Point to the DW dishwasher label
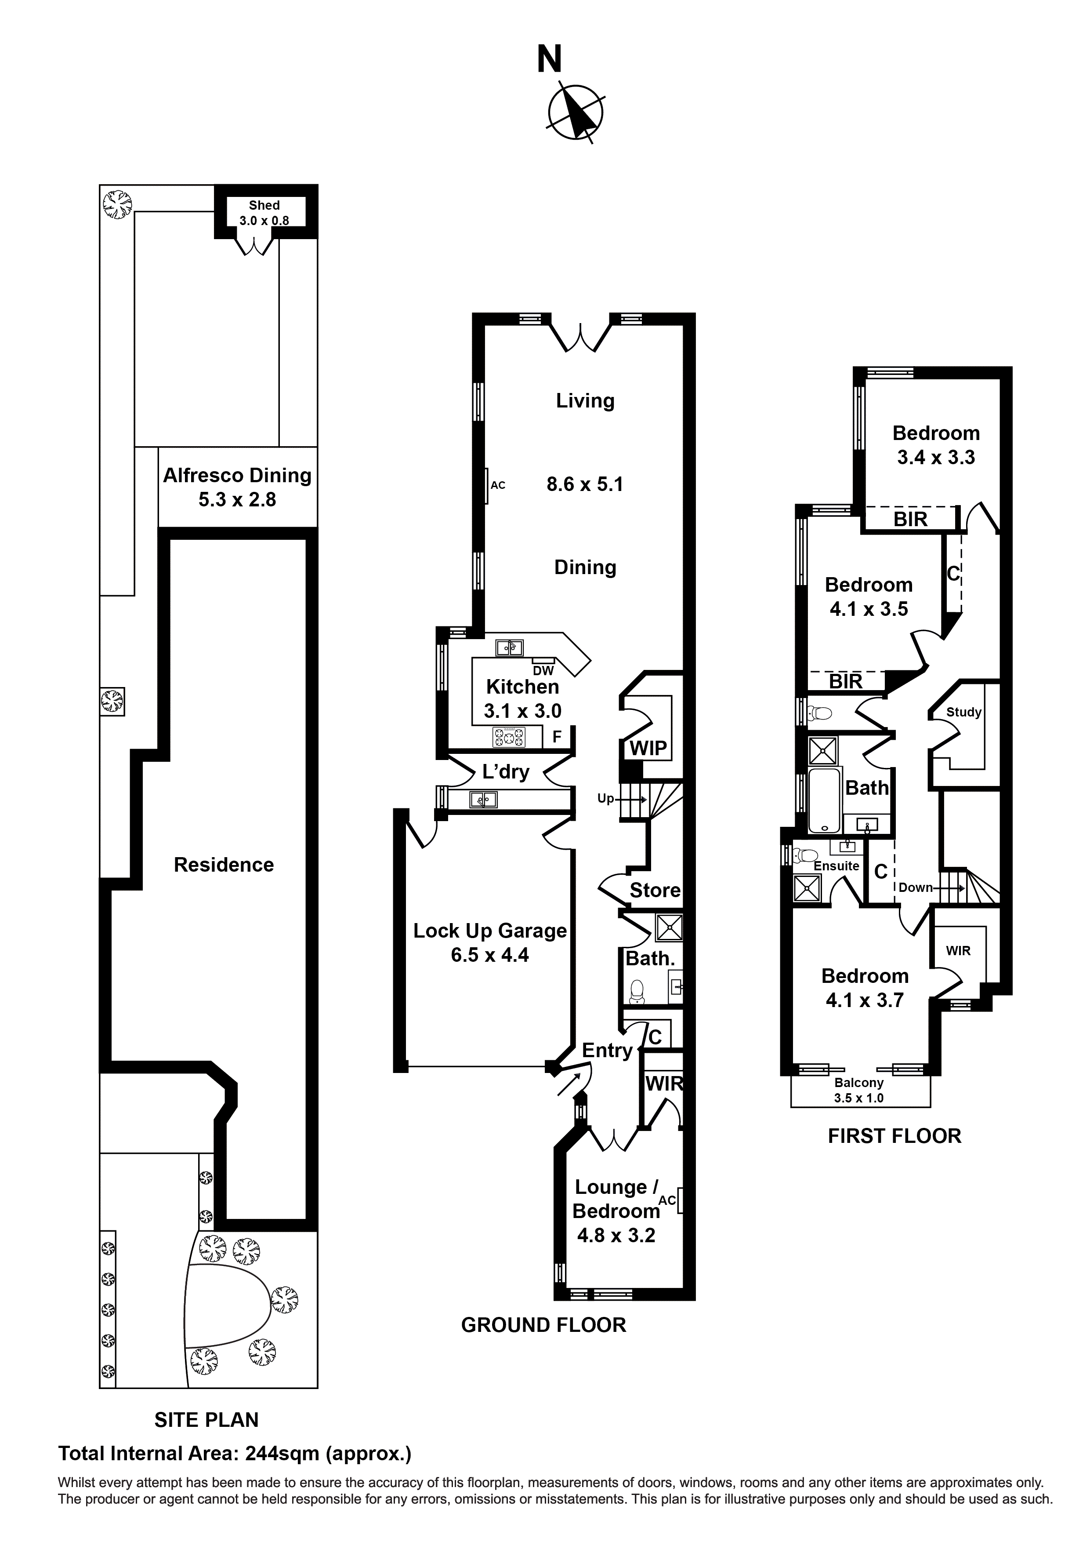pos(543,670)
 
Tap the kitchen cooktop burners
pos(510,738)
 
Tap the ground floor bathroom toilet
pos(637,991)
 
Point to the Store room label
pos(655,891)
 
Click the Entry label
pos(607,1051)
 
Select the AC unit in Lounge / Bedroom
pos(680,1200)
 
